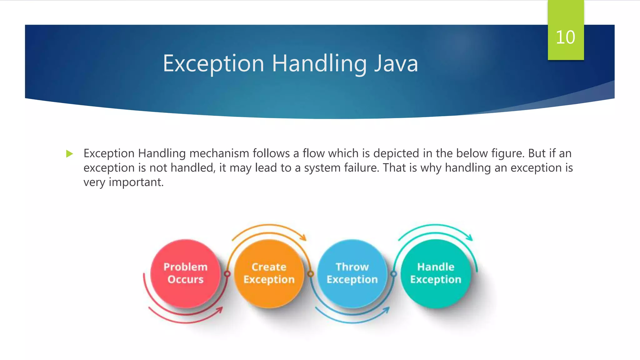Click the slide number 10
tap(565, 37)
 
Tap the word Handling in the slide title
tap(319, 63)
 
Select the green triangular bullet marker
tap(69, 154)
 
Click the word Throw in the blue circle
tap(352, 267)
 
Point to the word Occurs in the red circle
tap(185, 279)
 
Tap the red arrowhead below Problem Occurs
tap(220, 310)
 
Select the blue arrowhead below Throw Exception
tap(387, 310)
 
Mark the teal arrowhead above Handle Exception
tap(470, 237)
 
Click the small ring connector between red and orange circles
tap(227, 274)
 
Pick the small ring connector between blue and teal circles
tap(394, 274)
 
